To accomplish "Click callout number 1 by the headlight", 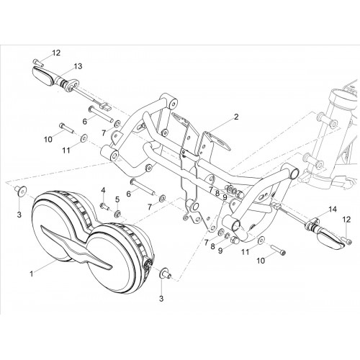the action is coord(32,274).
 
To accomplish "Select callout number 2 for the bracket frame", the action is coord(236,117).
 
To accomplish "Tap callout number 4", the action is coord(103,191).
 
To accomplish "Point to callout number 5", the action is coord(117,199).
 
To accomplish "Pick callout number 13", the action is coord(78,66).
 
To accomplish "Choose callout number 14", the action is coord(333,210).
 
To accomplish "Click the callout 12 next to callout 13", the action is coord(56,53).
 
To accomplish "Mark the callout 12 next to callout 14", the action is coord(346,219).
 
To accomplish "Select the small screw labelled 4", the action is coord(104,207).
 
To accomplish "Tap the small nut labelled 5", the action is coord(118,213).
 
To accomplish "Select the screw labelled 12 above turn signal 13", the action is coord(38,63).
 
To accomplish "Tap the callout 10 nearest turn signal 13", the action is coord(48,139).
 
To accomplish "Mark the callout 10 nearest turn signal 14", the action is coord(261,261).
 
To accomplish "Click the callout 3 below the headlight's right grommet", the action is coord(161,299).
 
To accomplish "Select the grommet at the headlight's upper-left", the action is coord(21,191).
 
